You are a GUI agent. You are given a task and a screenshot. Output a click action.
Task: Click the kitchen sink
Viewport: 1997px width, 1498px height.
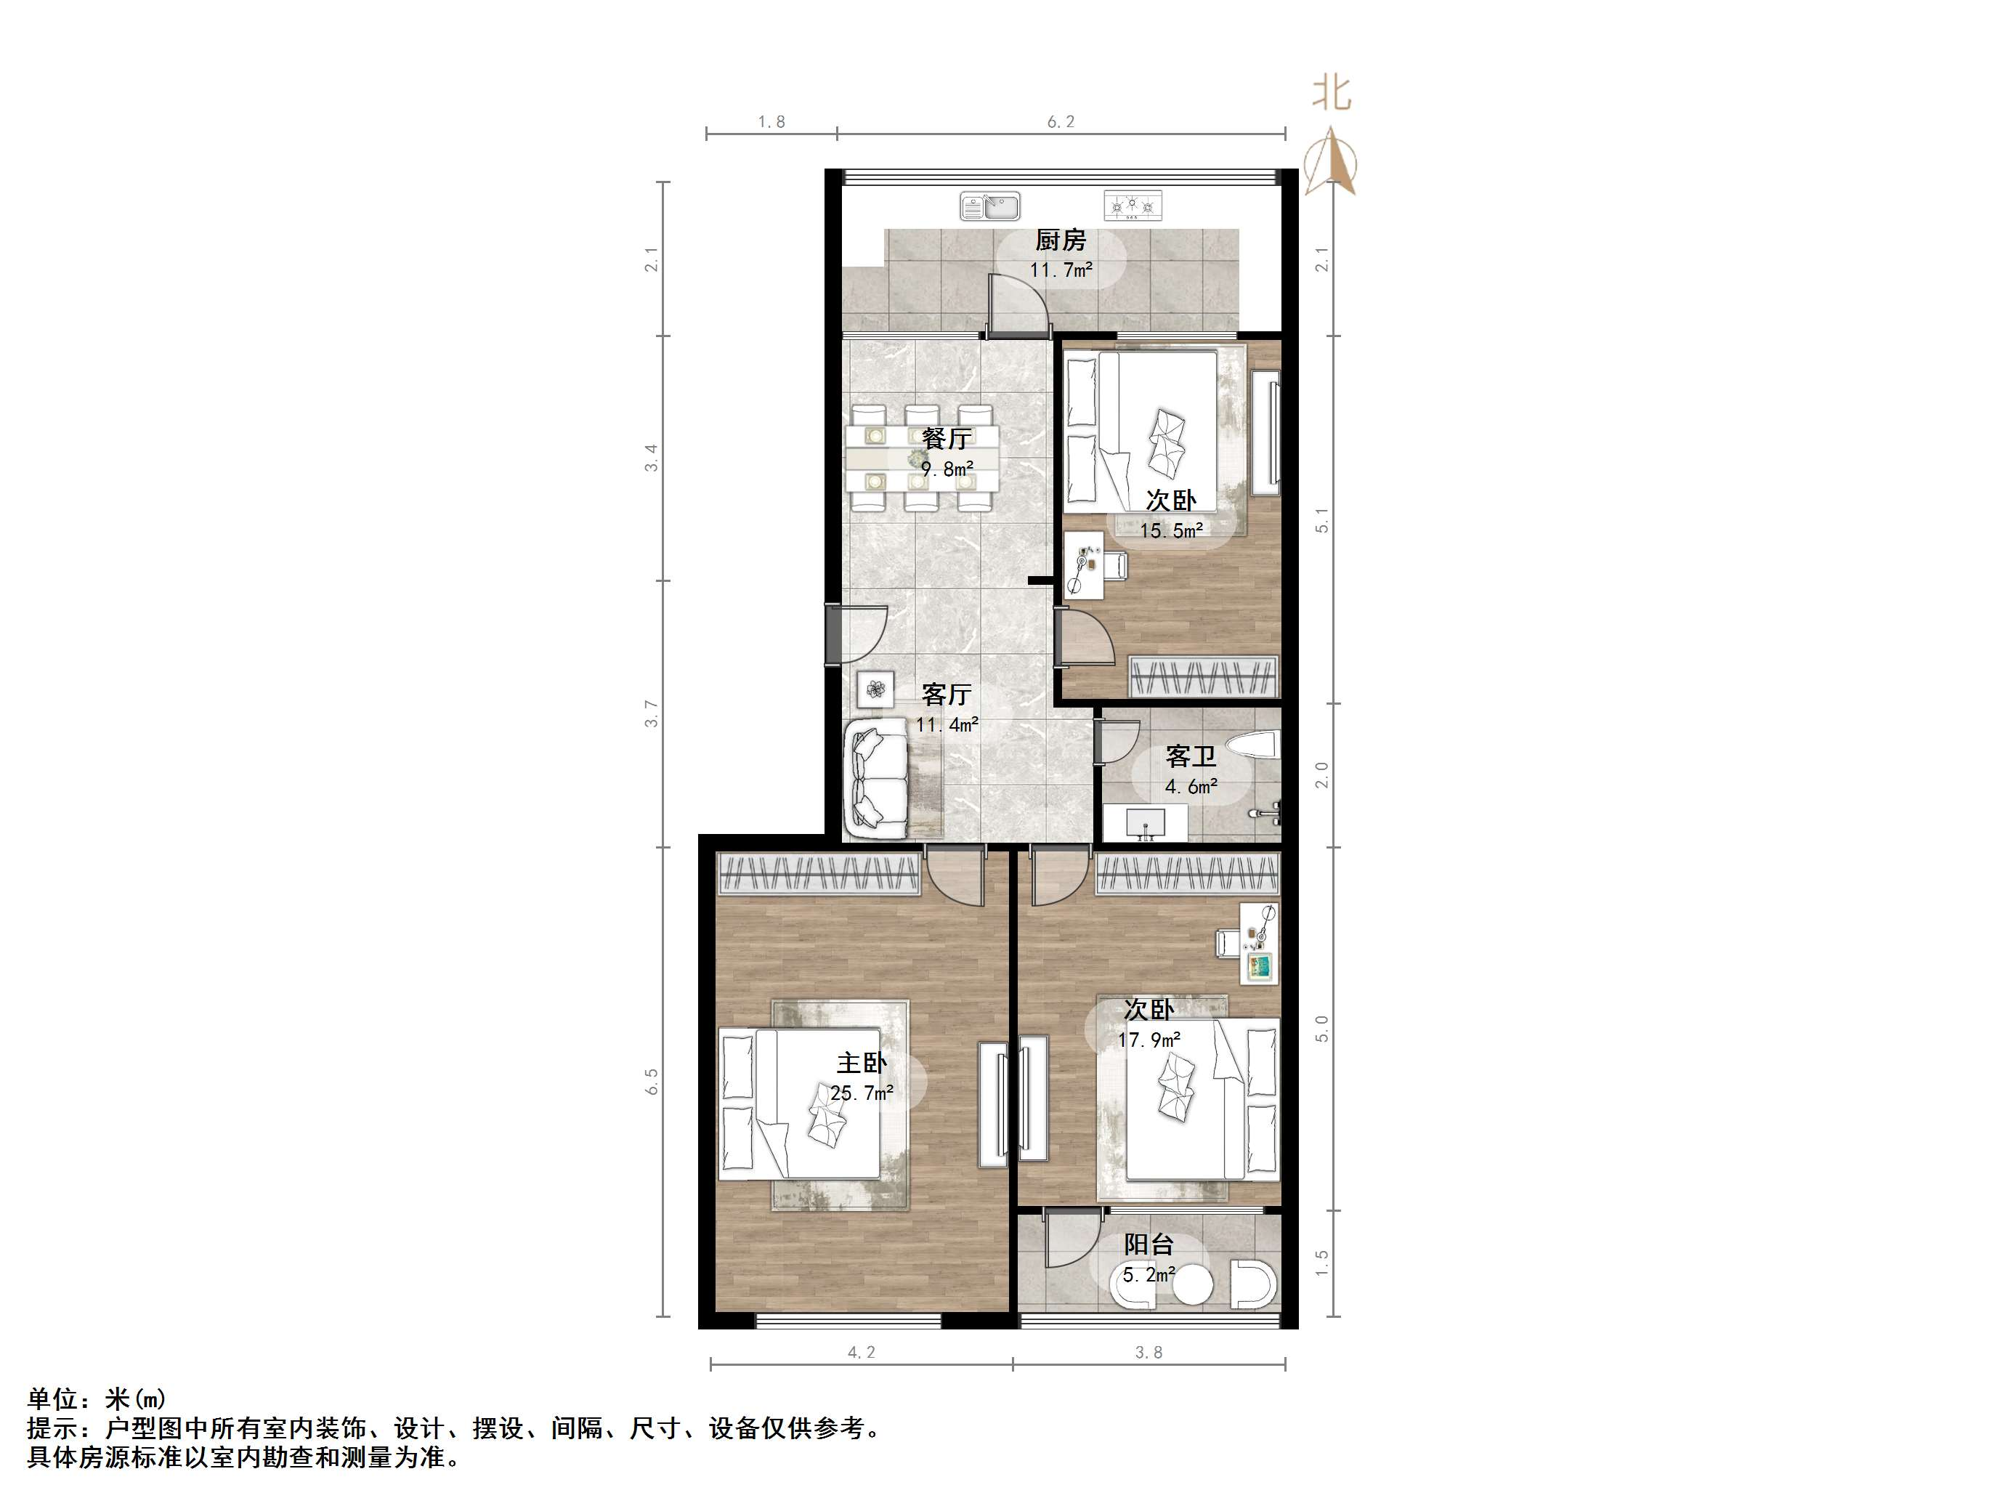989,207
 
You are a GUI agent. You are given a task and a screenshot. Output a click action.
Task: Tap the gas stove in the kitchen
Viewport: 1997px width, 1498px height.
1132,207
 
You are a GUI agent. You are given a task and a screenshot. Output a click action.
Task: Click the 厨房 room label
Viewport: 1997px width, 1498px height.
1060,240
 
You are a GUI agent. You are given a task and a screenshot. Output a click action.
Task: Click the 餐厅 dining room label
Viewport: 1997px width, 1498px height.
946,439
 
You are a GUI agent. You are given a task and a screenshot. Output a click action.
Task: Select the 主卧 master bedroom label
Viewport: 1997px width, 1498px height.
862,1064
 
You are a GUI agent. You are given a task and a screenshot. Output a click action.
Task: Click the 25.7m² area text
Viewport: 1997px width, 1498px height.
862,1093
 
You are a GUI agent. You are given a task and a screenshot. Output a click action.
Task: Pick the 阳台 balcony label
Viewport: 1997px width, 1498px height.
1149,1245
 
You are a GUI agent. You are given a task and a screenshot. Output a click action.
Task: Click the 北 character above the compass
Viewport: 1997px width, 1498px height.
1332,94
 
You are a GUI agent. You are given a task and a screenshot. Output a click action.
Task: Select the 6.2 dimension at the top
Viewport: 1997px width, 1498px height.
1061,122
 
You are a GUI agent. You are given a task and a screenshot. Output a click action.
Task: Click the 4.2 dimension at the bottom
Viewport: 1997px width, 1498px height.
862,1353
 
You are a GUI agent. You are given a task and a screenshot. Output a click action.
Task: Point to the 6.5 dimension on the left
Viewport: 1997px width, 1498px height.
652,1082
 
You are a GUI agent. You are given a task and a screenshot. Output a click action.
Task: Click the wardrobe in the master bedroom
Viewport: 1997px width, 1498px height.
819,873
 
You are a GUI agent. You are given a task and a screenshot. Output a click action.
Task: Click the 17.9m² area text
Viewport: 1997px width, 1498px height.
1149,1040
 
